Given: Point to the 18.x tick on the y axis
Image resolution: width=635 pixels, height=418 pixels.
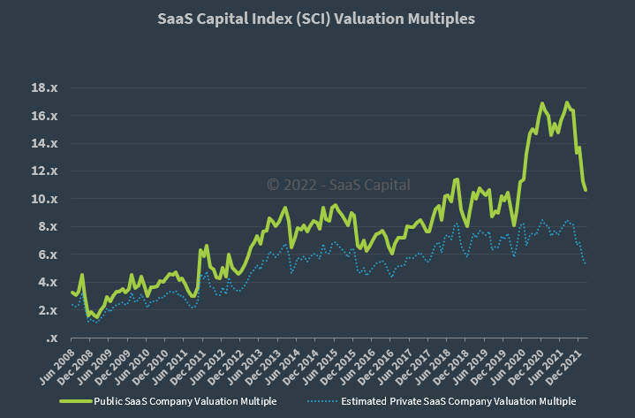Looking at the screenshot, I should click(x=44, y=88).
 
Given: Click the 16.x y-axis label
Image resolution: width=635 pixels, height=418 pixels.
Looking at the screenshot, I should click(x=44, y=116).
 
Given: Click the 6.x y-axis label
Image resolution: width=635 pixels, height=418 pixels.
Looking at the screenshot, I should click(x=47, y=255).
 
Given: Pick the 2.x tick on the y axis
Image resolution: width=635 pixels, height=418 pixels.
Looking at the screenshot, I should click(x=47, y=310).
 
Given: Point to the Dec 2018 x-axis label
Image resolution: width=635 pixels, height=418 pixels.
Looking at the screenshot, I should click(x=454, y=366).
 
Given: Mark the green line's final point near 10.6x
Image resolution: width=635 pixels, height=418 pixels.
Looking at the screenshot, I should click(x=585, y=190).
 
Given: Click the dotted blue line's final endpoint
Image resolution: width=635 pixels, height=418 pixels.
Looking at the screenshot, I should click(x=585, y=263).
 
